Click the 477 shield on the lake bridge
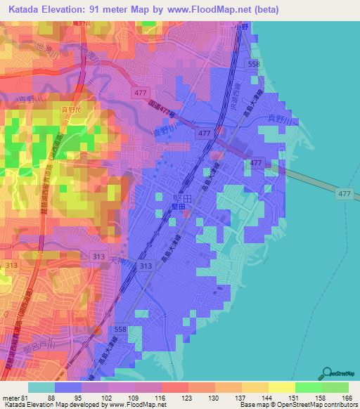[344, 193]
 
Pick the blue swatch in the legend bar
[68, 387]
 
